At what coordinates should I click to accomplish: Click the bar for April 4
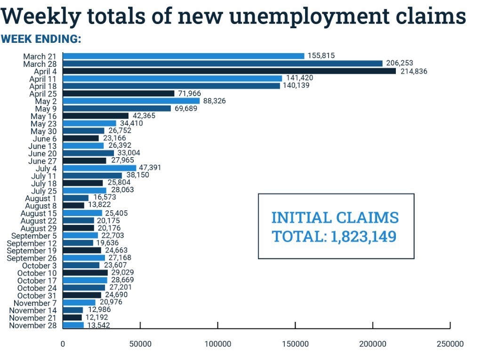229,71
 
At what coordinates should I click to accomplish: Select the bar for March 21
184,56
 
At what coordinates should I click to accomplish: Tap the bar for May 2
131,101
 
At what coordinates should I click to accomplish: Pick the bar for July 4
99,168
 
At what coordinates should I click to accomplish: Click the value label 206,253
398,63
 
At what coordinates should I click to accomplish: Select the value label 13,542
98,325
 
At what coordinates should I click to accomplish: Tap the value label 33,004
128,153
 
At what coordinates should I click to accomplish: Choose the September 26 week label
32,258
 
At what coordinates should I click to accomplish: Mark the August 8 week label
41,206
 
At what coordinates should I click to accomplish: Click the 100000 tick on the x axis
218,344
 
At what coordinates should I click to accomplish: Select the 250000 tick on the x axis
450,344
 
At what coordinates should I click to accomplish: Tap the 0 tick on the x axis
63,344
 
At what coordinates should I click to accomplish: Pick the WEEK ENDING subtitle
41,39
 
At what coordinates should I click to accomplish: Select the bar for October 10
85,273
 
